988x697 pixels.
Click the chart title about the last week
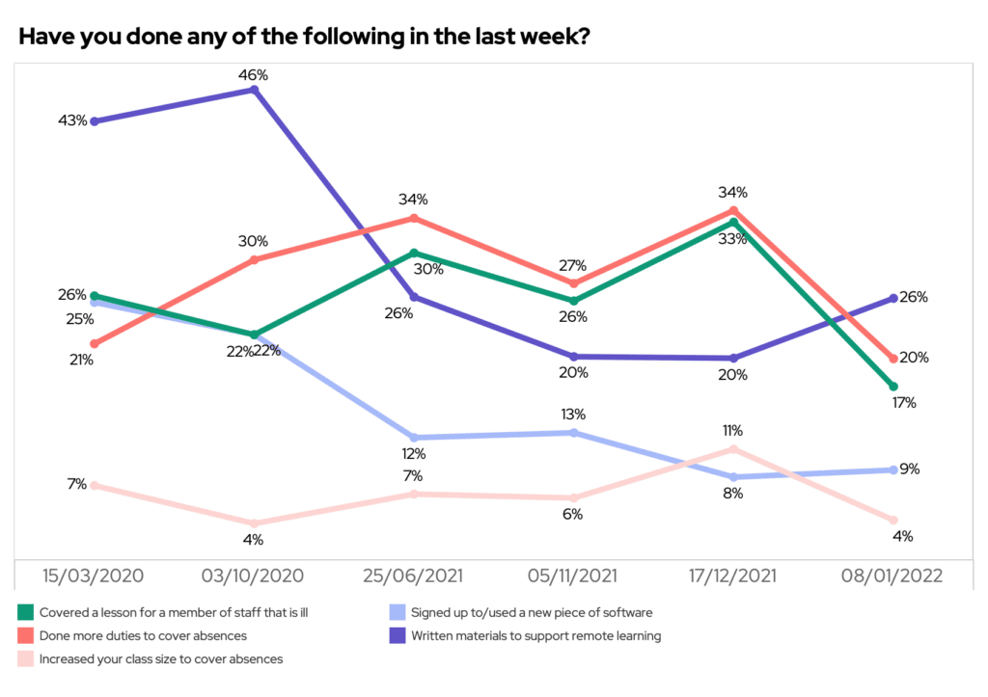305,37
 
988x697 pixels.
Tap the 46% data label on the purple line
254,73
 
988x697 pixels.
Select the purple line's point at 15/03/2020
94,121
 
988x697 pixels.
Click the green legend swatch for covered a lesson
25,611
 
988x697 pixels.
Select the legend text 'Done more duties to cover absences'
143,635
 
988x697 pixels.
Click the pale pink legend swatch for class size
25,660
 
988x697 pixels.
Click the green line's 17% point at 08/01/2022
894,387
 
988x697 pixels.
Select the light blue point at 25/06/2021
414,438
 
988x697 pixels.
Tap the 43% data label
72,121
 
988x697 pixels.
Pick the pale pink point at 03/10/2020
254,523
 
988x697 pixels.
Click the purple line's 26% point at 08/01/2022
894,298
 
